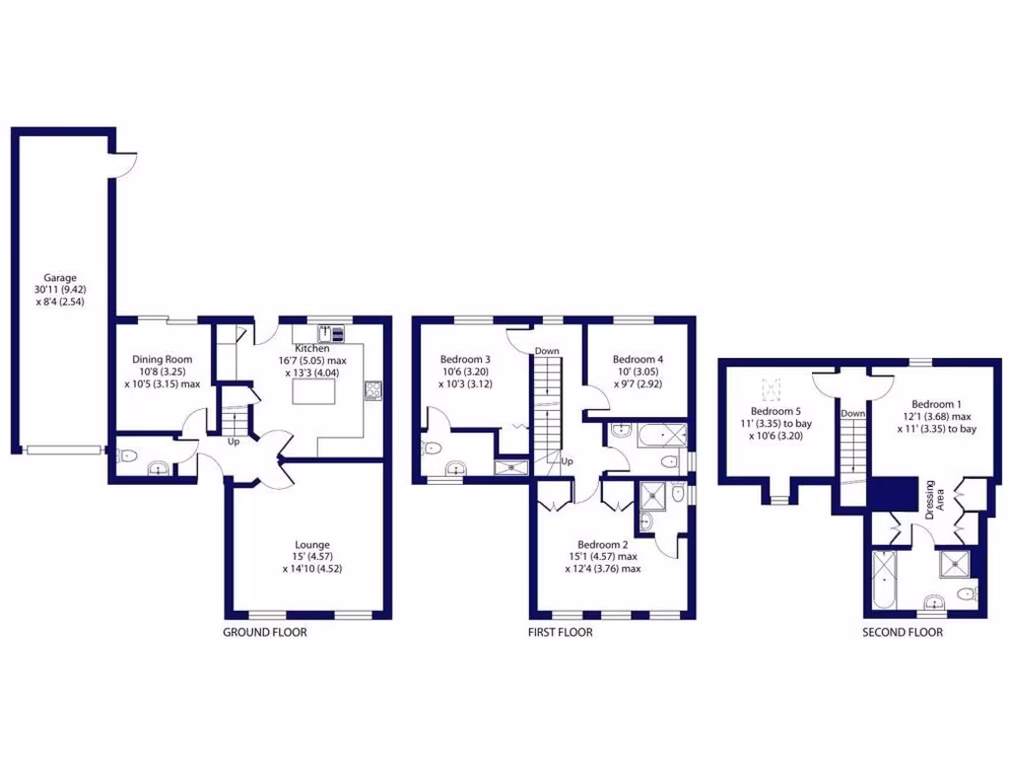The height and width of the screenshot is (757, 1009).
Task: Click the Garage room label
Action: [59, 278]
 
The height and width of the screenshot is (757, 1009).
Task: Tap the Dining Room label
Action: [163, 360]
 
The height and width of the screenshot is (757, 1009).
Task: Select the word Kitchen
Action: [312, 348]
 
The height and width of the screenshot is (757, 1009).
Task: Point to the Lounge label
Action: [312, 543]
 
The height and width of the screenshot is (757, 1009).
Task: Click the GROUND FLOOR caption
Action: [264, 632]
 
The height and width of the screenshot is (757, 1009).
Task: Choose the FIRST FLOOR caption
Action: [560, 632]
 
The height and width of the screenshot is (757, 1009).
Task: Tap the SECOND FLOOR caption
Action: [903, 632]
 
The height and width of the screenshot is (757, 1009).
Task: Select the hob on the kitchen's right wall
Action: [373, 391]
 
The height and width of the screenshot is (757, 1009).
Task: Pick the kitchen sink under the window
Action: [331, 333]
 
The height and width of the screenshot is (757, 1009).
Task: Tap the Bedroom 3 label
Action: [465, 360]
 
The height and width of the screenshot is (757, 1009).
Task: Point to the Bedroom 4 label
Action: [638, 360]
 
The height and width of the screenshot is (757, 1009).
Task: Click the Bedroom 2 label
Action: [603, 544]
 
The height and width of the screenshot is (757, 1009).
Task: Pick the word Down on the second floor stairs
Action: [853, 414]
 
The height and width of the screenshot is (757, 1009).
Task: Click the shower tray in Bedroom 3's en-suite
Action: [511, 470]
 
